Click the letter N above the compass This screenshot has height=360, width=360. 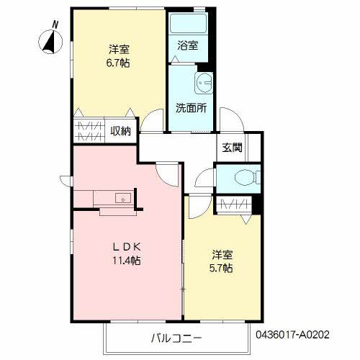[55, 24]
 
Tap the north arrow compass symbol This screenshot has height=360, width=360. [50, 42]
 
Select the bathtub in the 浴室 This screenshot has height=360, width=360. [188, 23]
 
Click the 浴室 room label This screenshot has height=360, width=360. [188, 45]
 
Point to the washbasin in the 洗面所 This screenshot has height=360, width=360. [204, 83]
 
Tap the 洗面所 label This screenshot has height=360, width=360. [191, 108]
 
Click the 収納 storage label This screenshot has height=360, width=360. [121, 131]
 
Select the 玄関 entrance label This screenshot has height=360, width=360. [232, 148]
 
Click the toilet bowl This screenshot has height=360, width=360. [245, 179]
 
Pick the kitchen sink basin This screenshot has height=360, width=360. [123, 198]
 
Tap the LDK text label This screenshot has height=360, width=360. [127, 247]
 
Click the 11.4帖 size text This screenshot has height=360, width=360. [127, 261]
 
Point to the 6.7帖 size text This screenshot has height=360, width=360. [118, 63]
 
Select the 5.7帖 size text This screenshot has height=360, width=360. [221, 268]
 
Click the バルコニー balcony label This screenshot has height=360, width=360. [176, 338]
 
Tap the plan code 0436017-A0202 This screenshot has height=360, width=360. [292, 335]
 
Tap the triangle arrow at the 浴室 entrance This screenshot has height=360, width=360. [175, 59]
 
